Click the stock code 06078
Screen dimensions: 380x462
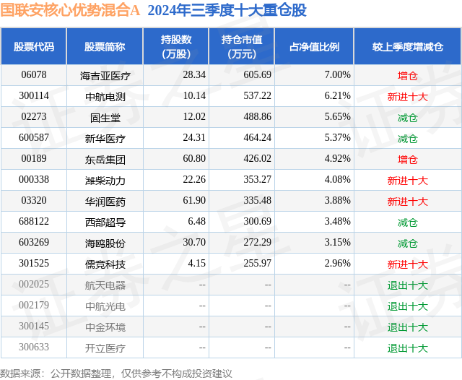[34, 75]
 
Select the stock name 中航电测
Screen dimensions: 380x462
[105, 96]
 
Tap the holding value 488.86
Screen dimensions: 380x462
[242, 117]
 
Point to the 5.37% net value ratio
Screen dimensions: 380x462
[337, 138]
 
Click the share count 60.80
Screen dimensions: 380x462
[194, 159]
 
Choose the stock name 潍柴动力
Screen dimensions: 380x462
[105, 180]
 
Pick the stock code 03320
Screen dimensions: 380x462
[34, 201]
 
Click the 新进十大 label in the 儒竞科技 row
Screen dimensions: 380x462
[407, 264]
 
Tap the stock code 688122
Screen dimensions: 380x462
[34, 222]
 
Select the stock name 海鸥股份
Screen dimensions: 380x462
[105, 243]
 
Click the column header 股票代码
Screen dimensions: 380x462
[34, 47]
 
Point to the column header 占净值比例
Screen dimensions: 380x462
[314, 47]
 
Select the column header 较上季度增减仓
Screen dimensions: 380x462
[408, 47]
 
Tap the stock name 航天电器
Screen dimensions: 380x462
[105, 285]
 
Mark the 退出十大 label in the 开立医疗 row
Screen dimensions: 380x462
[407, 348]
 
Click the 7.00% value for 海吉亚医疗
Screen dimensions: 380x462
[337, 75]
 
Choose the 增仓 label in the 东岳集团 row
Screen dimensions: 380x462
[407, 159]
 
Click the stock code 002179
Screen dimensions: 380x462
[34, 306]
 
